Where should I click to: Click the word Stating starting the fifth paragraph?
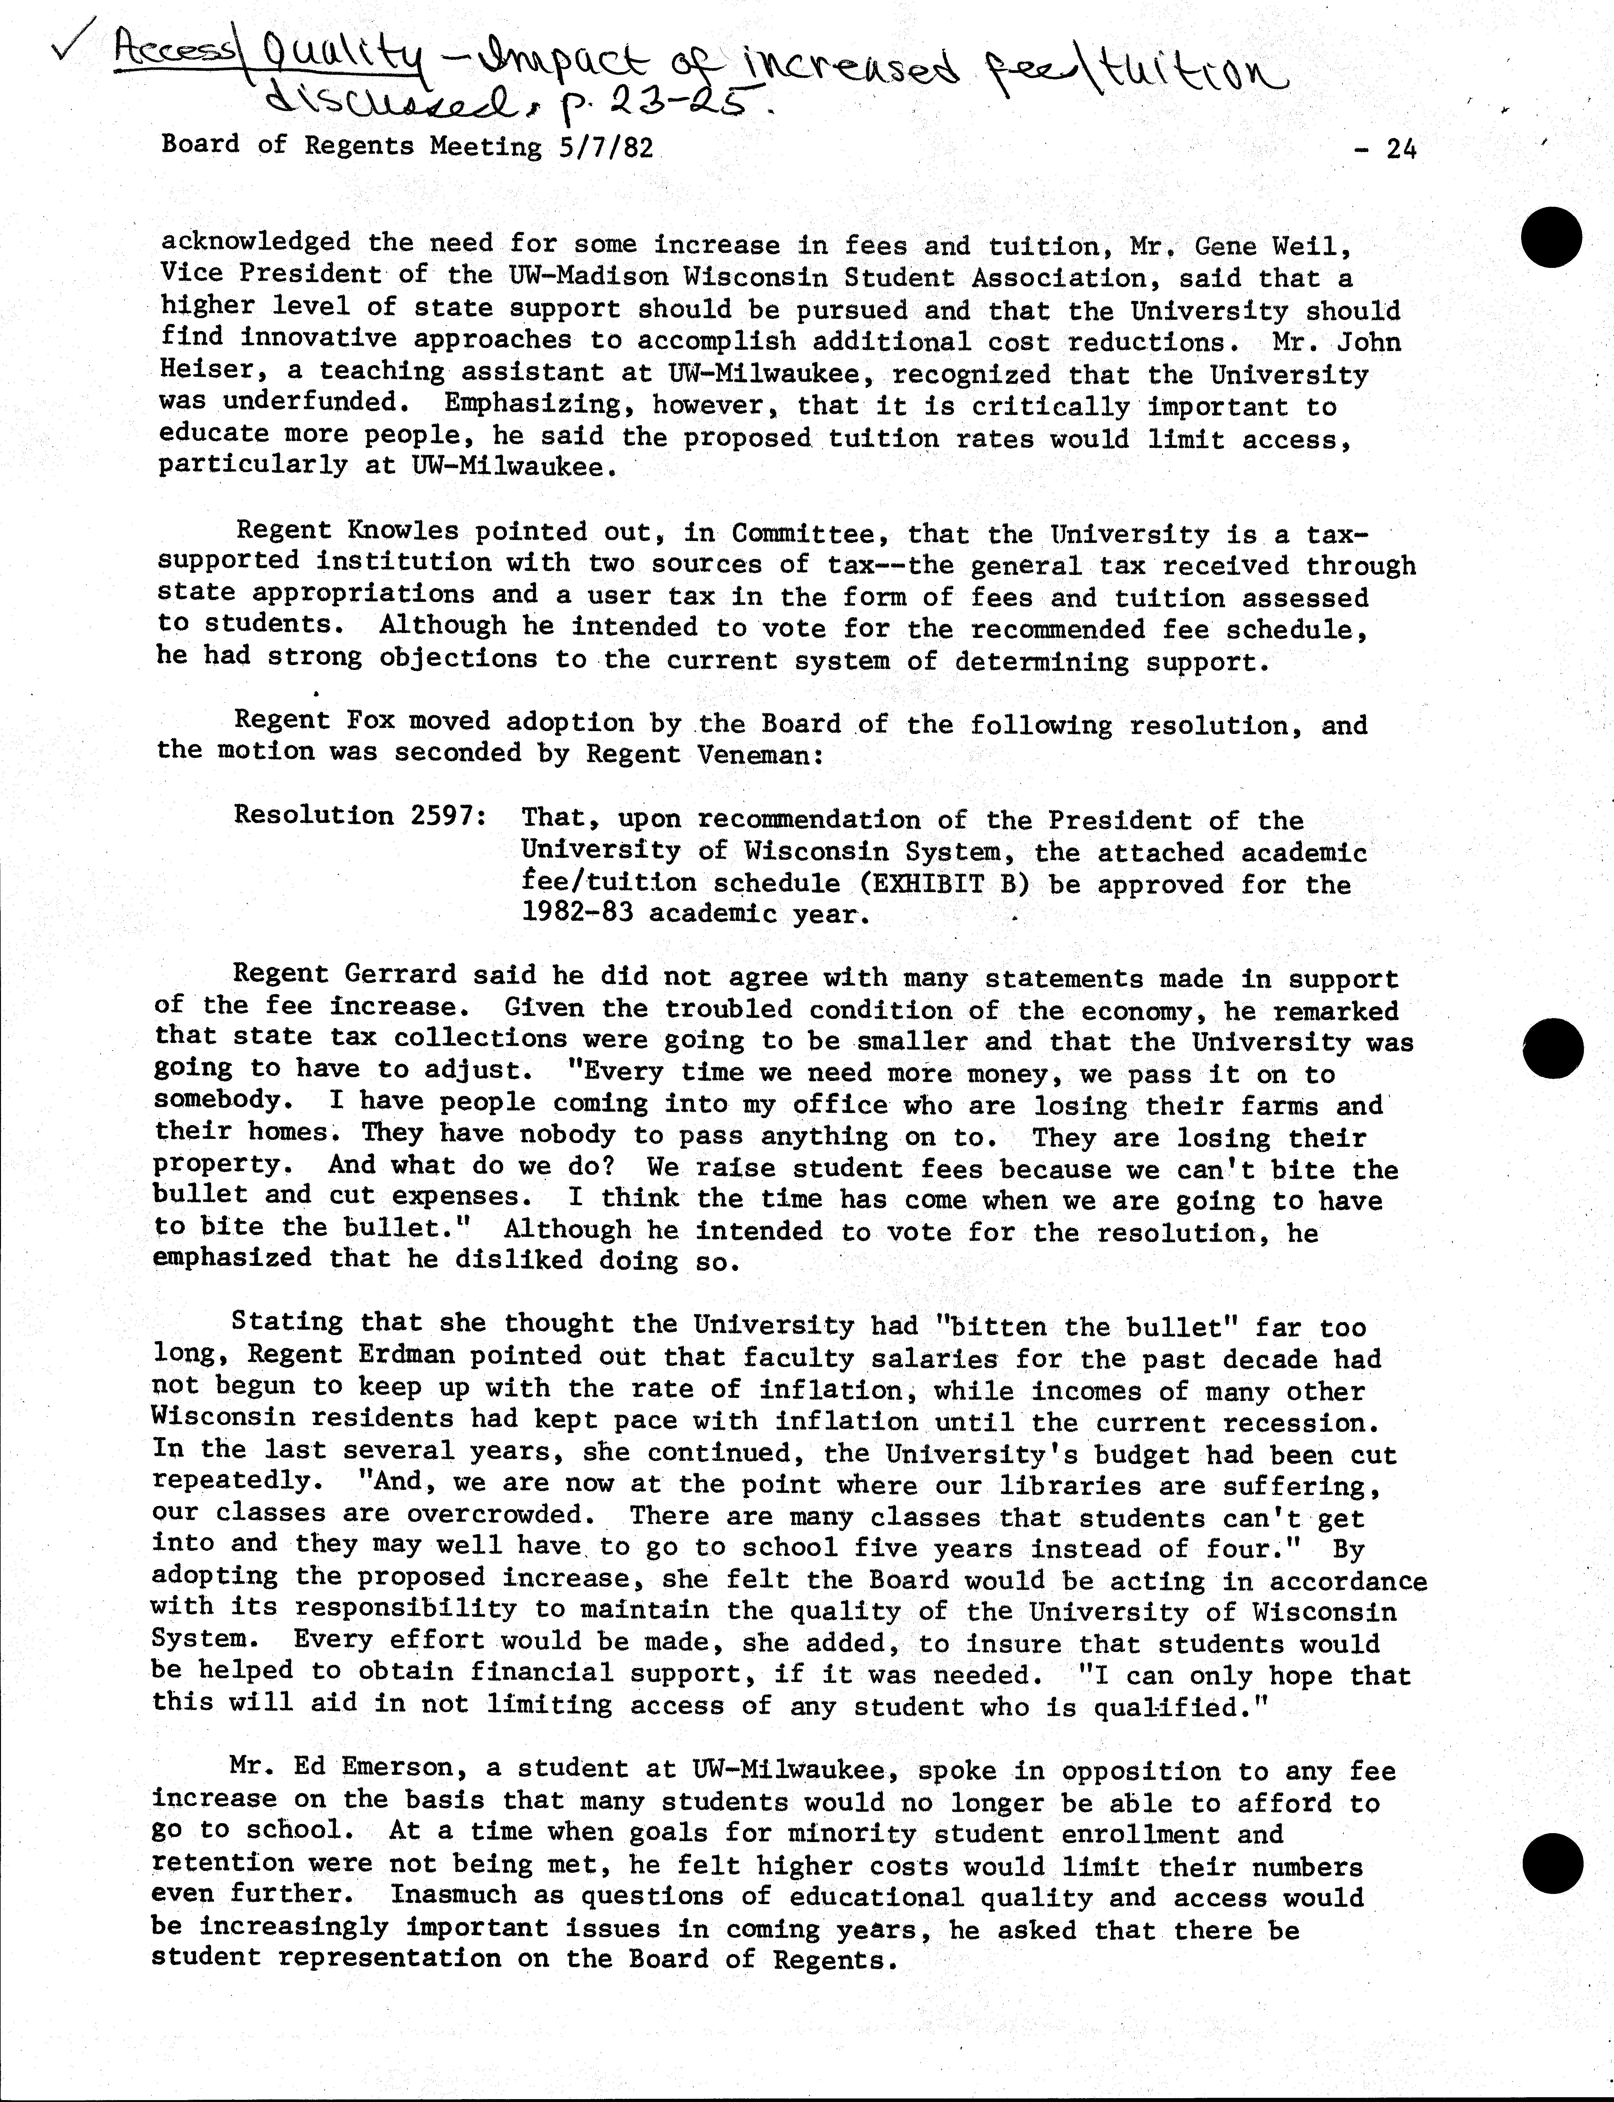pos(287,1323)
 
